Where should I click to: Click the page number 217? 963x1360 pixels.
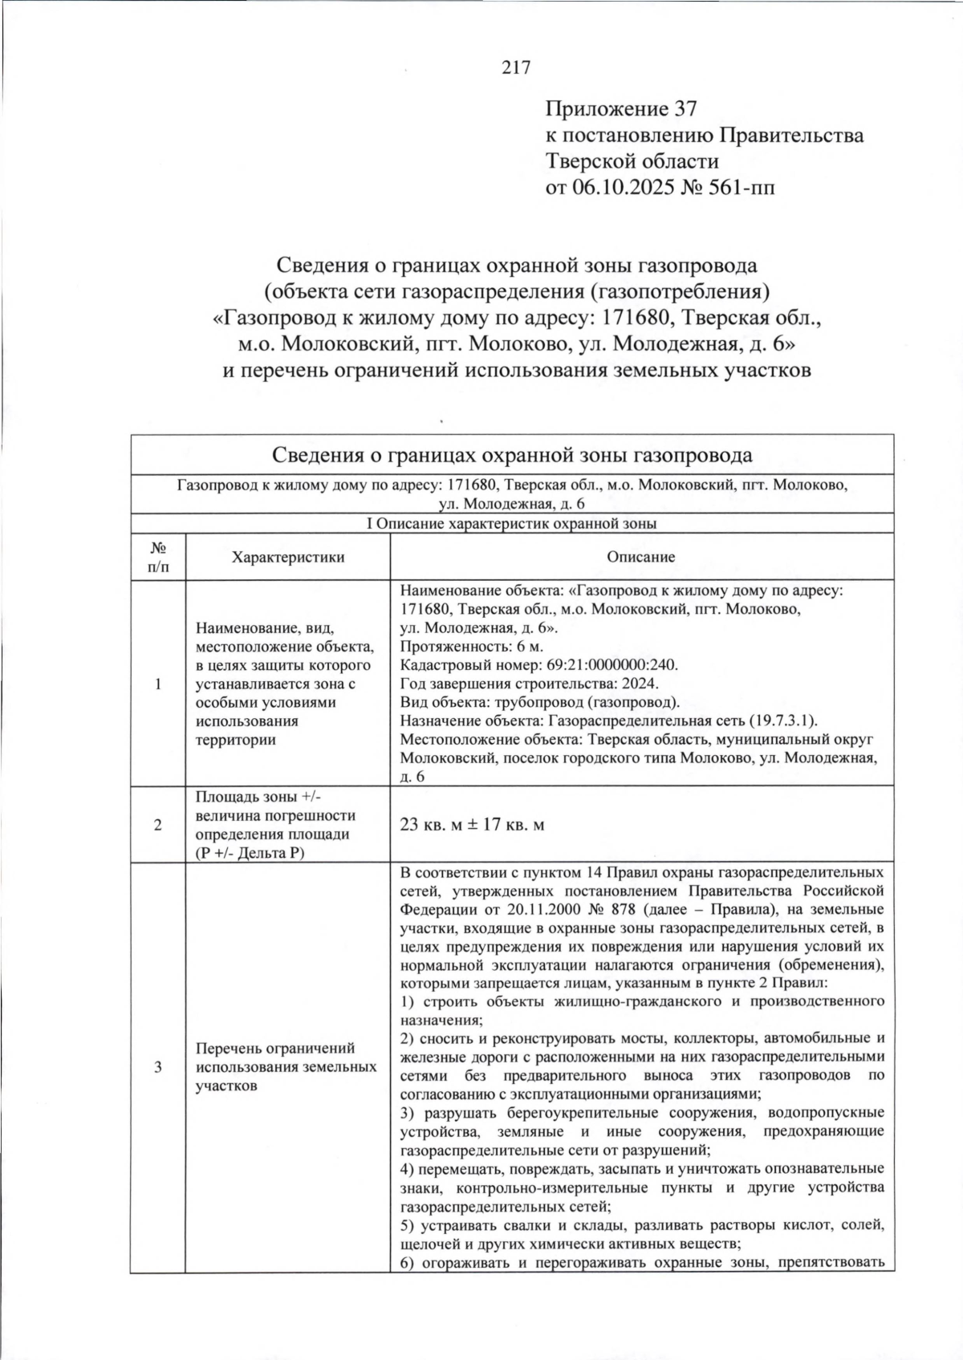[516, 67]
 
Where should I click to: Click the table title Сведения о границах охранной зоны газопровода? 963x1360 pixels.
[512, 456]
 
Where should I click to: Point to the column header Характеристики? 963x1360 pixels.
[287, 557]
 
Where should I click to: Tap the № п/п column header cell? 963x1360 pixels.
[158, 557]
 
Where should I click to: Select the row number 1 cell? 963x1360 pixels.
[158, 684]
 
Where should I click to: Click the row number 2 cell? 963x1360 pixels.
[158, 825]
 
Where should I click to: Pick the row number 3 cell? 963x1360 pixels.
[158, 1067]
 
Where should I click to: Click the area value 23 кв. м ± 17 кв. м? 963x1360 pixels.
[472, 825]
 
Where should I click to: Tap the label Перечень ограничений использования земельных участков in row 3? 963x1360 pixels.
[286, 1067]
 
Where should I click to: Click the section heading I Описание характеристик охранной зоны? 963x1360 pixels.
[512, 524]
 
